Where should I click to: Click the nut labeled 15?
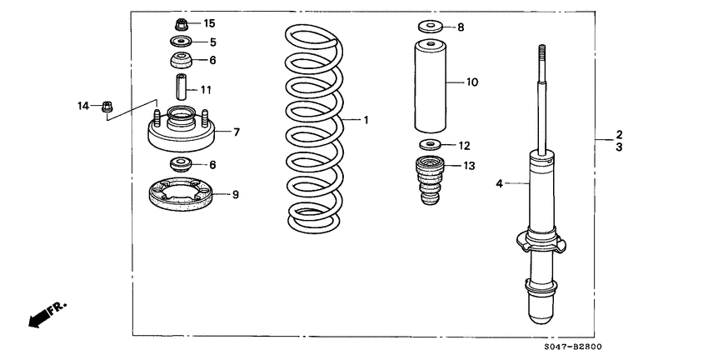click(x=182, y=23)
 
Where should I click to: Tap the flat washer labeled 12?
click(x=428, y=145)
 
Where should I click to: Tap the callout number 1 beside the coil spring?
click(x=365, y=120)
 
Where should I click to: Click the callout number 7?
click(x=237, y=132)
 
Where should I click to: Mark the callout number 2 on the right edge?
click(x=619, y=133)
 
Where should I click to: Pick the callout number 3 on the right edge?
click(x=619, y=147)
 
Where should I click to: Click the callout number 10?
click(x=472, y=82)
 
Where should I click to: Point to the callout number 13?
click(x=469, y=166)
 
